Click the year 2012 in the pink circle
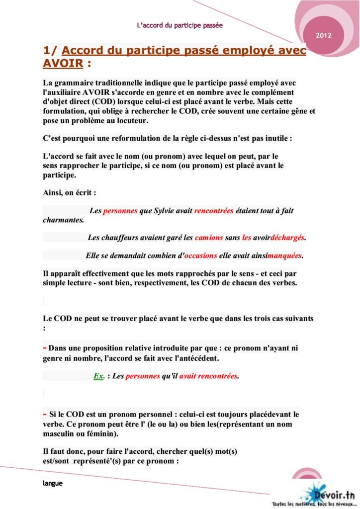pyautogui.click(x=323, y=36)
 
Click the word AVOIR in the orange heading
pyautogui.click(x=63, y=64)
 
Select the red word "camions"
pyautogui.click(x=209, y=238)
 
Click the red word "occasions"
pyautogui.click(x=201, y=256)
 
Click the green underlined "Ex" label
pyautogui.click(x=98, y=376)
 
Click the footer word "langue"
pyautogui.click(x=52, y=483)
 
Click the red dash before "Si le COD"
pyautogui.click(x=45, y=413)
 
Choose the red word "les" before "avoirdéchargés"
pyautogui.click(x=247, y=238)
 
